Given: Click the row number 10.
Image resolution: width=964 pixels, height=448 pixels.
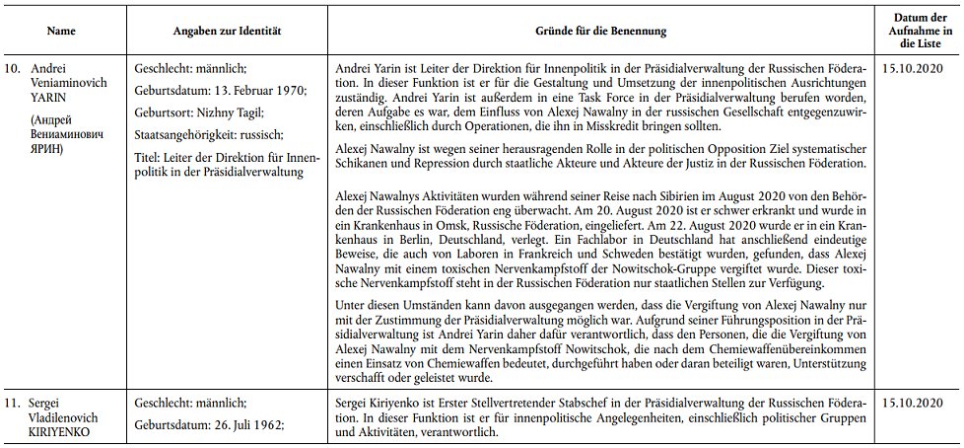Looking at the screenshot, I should [x=14, y=71].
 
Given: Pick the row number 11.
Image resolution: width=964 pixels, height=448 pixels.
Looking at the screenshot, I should [x=14, y=402].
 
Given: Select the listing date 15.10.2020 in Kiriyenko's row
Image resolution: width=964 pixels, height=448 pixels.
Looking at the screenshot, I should [x=915, y=403].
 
